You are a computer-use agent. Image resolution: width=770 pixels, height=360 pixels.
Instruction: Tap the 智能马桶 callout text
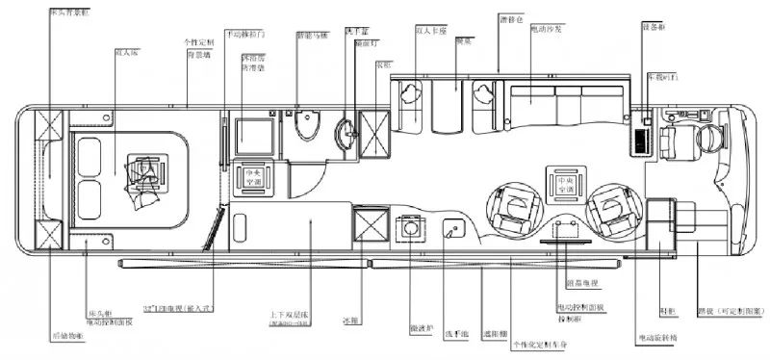click(312, 37)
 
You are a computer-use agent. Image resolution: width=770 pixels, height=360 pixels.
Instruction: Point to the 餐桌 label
click(463, 41)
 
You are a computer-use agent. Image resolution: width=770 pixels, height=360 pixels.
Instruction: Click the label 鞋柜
click(668, 309)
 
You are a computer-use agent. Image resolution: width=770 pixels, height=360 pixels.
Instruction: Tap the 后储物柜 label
click(67, 336)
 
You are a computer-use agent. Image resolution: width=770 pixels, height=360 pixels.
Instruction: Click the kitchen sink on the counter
click(451, 231)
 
